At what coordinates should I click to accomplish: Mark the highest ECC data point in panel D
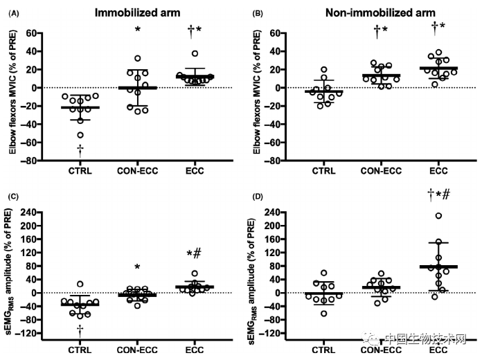(x=438, y=216)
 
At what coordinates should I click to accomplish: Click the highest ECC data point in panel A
(x=195, y=53)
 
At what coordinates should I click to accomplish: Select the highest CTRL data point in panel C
(x=80, y=284)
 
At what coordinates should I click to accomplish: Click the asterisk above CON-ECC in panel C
(x=137, y=267)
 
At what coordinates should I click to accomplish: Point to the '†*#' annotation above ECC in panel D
(x=437, y=196)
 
